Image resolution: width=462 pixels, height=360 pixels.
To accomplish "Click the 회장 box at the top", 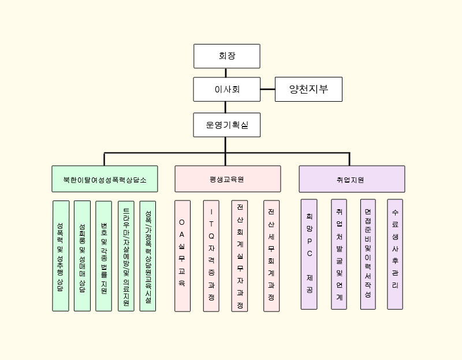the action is pyautogui.click(x=227, y=56).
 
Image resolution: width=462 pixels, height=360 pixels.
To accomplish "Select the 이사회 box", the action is pyautogui.click(x=227, y=90).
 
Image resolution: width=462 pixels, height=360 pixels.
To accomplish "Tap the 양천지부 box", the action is pyautogui.click(x=308, y=90).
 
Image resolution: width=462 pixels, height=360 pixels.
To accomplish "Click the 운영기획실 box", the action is pyautogui.click(x=227, y=125).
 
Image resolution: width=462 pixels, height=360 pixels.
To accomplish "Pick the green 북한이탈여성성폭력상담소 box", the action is pyautogui.click(x=105, y=179).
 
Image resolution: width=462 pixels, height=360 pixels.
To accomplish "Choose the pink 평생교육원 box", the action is pyautogui.click(x=228, y=179).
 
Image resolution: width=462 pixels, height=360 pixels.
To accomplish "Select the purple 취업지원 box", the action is pyautogui.click(x=352, y=179).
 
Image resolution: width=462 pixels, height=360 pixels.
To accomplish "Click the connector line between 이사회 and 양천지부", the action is pyautogui.click(x=267, y=90).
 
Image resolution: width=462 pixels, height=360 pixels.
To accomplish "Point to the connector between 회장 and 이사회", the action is pyautogui.click(x=226, y=73).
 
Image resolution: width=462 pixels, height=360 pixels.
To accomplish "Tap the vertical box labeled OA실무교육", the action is pyautogui.click(x=182, y=256).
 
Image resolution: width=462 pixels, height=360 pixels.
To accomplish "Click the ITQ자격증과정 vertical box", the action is pyautogui.click(x=211, y=256).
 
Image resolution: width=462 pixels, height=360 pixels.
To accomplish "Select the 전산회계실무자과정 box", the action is pyautogui.click(x=240, y=256).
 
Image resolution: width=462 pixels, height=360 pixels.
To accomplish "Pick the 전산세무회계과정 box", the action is pyautogui.click(x=271, y=256).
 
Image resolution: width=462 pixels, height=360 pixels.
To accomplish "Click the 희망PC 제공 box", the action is pyautogui.click(x=309, y=254).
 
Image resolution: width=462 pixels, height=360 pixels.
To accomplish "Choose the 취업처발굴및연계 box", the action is pyautogui.click(x=339, y=254).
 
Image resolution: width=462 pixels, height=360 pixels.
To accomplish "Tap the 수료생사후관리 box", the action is pyautogui.click(x=395, y=254).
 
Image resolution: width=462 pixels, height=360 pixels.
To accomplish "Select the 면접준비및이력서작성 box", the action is pyautogui.click(x=368, y=254).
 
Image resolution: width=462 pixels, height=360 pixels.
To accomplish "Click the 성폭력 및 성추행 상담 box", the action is pyautogui.click(x=61, y=256).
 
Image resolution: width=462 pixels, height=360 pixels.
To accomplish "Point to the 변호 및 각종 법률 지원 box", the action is pyautogui.click(x=104, y=256).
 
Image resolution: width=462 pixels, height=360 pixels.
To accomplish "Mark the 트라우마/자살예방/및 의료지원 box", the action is pyautogui.click(x=126, y=256).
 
